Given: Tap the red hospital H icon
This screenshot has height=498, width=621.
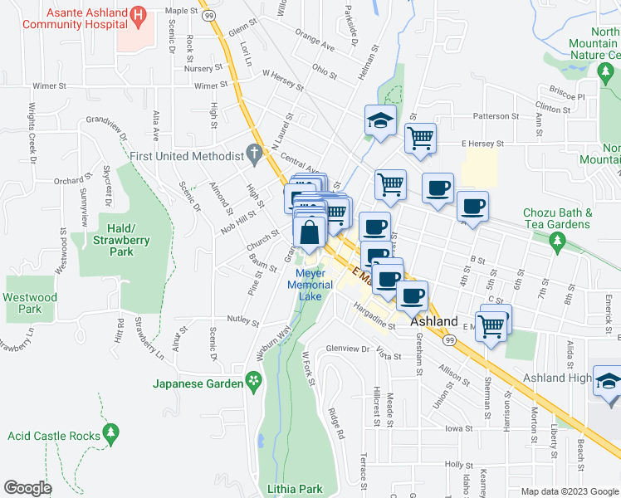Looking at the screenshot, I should point(139,14).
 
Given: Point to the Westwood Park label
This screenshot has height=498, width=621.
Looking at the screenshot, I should point(30,303).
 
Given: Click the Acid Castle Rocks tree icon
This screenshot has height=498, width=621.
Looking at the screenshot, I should point(110,433).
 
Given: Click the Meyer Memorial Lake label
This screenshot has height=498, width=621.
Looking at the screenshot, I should point(310,285).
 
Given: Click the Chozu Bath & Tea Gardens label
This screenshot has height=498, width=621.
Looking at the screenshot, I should point(558,218).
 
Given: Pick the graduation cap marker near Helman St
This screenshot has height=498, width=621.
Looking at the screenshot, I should point(380,120).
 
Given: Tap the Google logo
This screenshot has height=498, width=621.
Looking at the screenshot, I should point(28,488).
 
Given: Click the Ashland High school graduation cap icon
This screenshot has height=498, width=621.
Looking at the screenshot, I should point(608,380).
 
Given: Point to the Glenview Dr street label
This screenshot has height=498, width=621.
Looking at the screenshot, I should point(347,349).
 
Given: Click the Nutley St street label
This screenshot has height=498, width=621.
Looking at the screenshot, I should point(243,320).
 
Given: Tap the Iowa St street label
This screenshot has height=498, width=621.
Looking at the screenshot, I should point(456,427).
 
